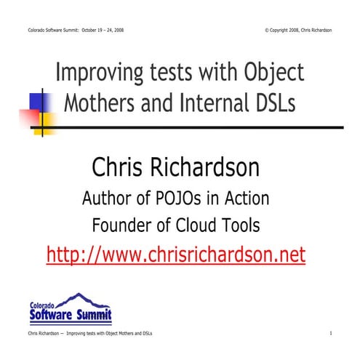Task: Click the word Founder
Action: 124,226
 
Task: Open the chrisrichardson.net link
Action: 175,255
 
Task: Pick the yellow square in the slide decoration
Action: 44,119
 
